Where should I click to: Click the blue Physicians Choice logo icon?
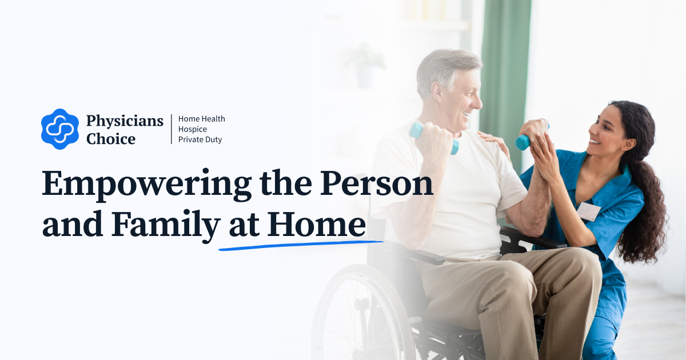coord(60,129)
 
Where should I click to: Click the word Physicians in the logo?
coord(125,121)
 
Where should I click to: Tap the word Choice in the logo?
coord(111,138)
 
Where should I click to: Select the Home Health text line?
coord(202,119)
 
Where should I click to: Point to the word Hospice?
coord(193,129)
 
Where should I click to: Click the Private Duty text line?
coord(200,139)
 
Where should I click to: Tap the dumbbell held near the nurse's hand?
coord(523,141)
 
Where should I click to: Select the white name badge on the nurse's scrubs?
coord(588,211)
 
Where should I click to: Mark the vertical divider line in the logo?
coord(171,129)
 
